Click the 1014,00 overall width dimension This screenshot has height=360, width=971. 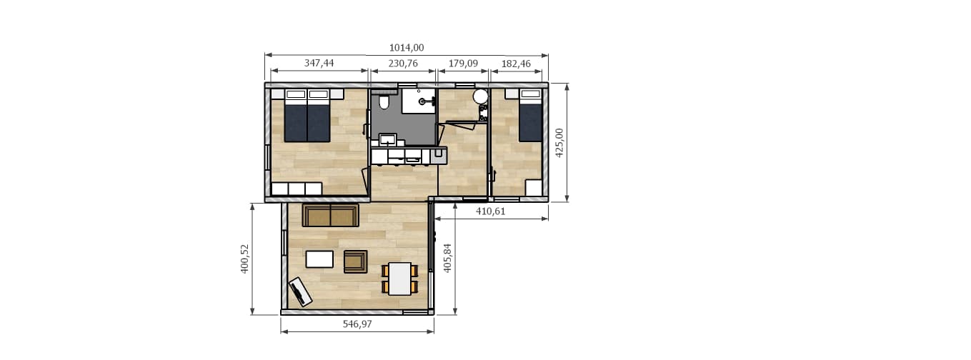406,48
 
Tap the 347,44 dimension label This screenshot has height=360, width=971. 319,64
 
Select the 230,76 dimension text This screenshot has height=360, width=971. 403,64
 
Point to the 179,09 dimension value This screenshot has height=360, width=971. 463,64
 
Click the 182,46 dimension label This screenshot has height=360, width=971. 516,64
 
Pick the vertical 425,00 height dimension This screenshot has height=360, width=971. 559,143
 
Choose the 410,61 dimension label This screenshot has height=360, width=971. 491,211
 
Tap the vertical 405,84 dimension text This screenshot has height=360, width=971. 447,258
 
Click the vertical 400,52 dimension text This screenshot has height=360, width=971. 244,259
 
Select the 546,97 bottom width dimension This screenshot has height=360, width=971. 357,324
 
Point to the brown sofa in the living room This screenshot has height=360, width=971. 330,216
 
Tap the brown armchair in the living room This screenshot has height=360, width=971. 355,261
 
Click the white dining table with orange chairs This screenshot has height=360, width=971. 399,279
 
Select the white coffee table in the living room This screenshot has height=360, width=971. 319,259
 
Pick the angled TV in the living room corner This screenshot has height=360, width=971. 300,291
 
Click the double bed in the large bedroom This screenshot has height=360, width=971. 307,116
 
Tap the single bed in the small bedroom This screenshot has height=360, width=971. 531,115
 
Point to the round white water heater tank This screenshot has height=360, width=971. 480,96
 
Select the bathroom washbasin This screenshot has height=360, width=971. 387,139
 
